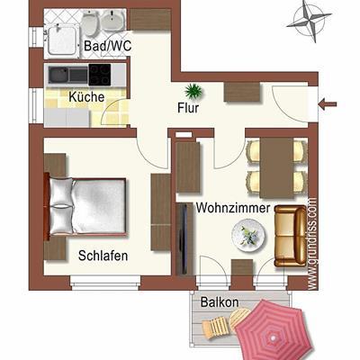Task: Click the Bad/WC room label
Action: click(107, 46)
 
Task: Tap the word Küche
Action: click(86, 97)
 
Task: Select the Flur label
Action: click(188, 108)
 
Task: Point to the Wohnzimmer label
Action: click(233, 208)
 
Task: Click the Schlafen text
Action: click(103, 256)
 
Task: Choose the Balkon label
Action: click(220, 301)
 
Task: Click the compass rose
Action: click(310, 21)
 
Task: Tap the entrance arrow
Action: click(328, 104)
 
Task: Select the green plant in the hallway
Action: click(193, 91)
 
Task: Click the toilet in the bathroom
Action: click(90, 22)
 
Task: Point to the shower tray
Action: click(62, 40)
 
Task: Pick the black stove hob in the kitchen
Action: click(100, 75)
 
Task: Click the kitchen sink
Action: click(68, 75)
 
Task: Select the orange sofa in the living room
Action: click(291, 236)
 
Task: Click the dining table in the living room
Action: click(276, 167)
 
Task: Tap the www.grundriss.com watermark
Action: click(313, 244)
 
